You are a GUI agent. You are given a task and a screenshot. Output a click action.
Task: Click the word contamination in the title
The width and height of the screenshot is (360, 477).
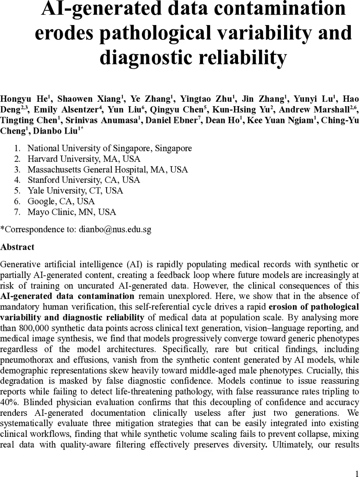click(x=278, y=9)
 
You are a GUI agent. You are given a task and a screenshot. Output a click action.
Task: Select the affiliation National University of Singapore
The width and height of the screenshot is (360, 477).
click(x=109, y=148)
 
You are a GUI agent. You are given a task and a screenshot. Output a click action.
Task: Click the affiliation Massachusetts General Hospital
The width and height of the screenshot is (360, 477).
click(x=107, y=169)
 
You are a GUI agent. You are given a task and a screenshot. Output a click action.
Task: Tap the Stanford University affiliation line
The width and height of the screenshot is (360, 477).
click(x=83, y=180)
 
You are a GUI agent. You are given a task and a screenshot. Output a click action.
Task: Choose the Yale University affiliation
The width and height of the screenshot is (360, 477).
click(x=75, y=190)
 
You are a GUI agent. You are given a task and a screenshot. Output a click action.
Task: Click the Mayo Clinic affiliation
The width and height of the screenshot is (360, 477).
click(x=72, y=212)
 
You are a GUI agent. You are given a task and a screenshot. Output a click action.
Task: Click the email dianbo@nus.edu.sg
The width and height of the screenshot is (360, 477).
click(x=115, y=229)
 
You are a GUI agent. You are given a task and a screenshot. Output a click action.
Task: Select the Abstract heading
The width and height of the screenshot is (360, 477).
click(x=17, y=247)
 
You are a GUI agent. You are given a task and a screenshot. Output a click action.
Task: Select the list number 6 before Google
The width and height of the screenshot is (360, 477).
click(x=17, y=201)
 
